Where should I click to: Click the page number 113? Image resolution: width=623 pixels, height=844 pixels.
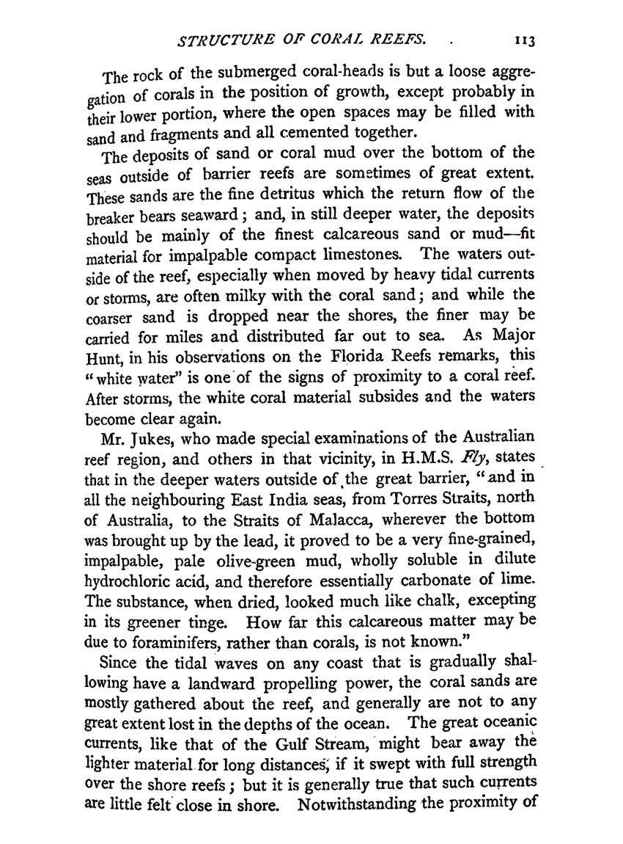pyautogui.click(x=525, y=43)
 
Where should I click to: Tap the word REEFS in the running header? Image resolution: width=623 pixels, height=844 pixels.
pyautogui.click(x=396, y=41)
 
